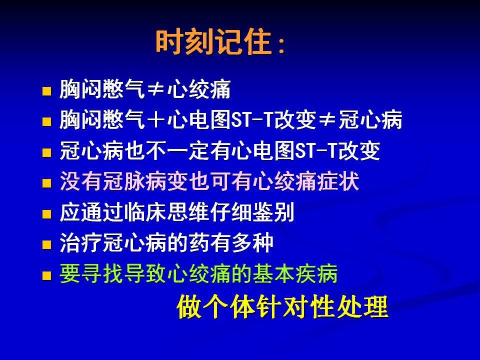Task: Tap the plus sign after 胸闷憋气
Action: pyautogui.click(x=156, y=119)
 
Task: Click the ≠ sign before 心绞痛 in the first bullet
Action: pyautogui.click(x=156, y=89)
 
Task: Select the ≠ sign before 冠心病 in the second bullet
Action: pyautogui.click(x=327, y=119)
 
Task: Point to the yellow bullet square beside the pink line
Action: pyautogui.click(x=46, y=183)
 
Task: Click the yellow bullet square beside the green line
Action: pyautogui.click(x=46, y=275)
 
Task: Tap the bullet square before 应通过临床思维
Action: pyautogui.click(x=46, y=214)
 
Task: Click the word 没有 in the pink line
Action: pyautogui.click(x=80, y=181)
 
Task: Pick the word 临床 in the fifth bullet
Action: pyautogui.click(x=145, y=212)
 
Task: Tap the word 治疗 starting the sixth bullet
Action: pyautogui.click(x=80, y=243)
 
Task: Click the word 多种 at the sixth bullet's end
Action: pyautogui.click(x=252, y=243)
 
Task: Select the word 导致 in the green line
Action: pyautogui.click(x=145, y=273)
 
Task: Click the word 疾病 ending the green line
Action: pyautogui.click(x=316, y=273)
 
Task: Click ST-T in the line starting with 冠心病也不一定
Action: pyautogui.click(x=316, y=150)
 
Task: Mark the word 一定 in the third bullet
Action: pyautogui.click(x=188, y=150)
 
